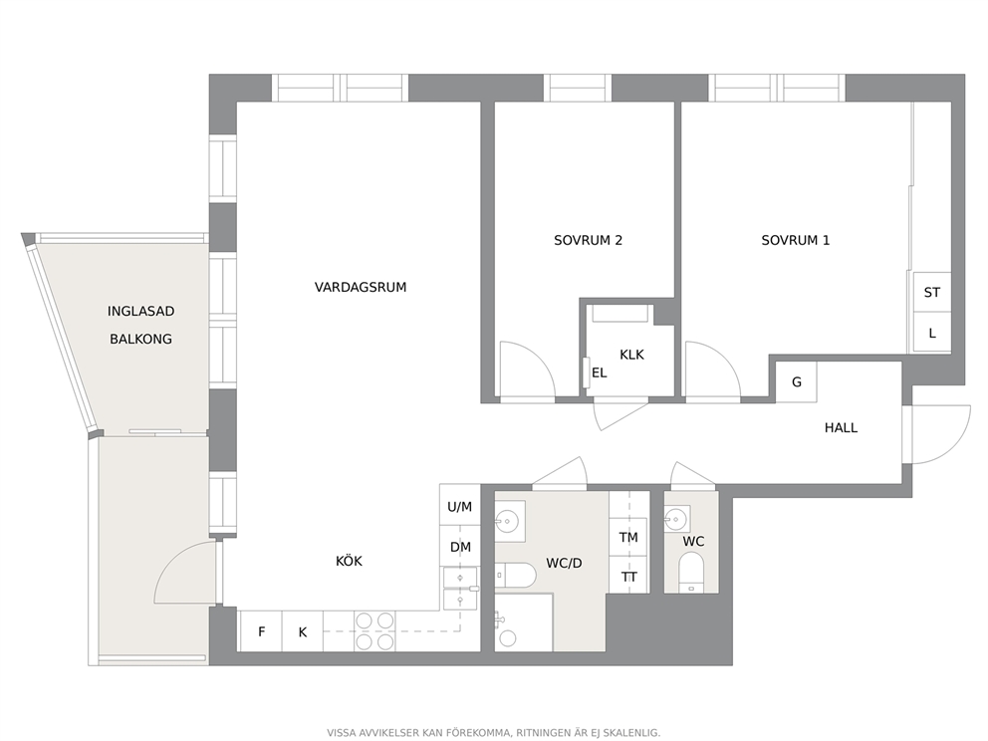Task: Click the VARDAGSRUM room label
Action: pos(361,287)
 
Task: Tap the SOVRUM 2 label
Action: pos(588,240)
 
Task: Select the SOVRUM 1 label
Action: pos(795,240)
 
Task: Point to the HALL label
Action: pos(841,428)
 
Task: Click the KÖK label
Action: pos(349,561)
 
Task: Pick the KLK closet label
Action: pos(631,355)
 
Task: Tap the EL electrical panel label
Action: pos(599,373)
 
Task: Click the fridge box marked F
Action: pos(260,630)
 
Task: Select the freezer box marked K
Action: pos(303,630)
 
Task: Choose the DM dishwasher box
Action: pos(460,547)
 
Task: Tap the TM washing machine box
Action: pos(628,537)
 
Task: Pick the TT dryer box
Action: pos(628,575)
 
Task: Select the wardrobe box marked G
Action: pos(796,381)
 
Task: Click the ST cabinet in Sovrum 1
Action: pos(932,292)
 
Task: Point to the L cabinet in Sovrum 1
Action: pos(932,332)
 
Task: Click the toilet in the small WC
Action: pos(691,572)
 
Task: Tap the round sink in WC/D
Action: pos(507,520)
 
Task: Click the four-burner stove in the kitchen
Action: pos(374,630)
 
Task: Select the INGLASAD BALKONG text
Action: pos(140,325)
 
